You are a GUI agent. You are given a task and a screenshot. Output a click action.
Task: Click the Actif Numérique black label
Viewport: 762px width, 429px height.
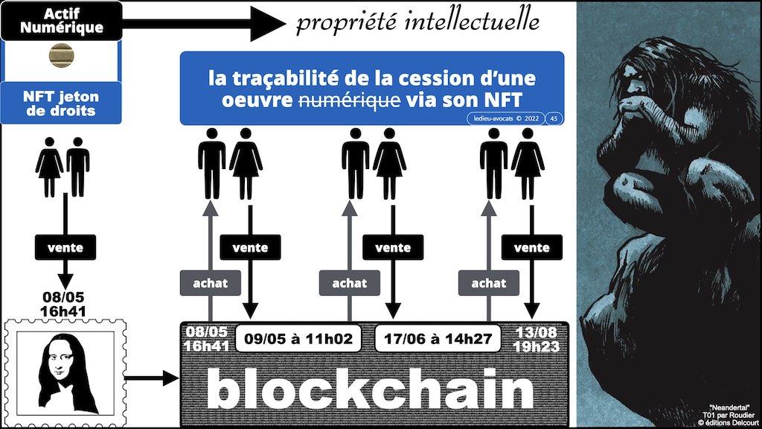coord(62,22)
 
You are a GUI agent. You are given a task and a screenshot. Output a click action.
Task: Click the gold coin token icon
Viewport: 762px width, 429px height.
coord(61,56)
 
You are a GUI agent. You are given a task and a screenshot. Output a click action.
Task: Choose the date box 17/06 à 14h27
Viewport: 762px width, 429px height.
coord(435,337)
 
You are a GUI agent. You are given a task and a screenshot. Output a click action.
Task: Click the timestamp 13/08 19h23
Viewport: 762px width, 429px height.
coord(536,337)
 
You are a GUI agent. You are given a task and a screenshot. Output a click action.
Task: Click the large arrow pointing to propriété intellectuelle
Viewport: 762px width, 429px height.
coord(201,24)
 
